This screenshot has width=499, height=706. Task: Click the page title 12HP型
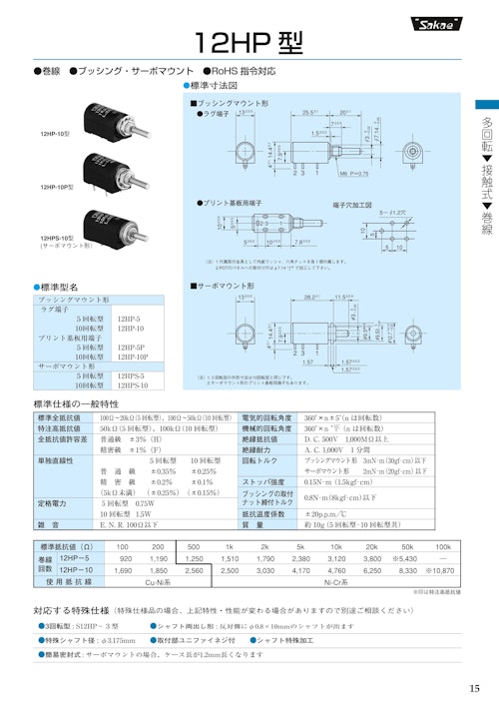tap(249, 41)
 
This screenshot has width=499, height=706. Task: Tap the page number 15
tap(474, 687)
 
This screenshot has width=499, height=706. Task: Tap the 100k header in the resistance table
tap(442, 547)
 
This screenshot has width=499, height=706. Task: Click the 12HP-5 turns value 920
tap(125, 559)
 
